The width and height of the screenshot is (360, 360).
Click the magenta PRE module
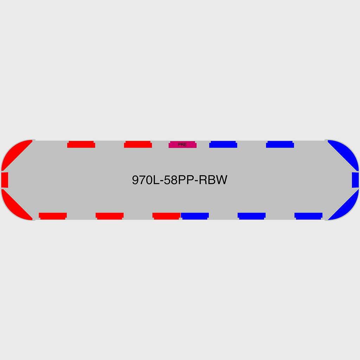(x=182, y=144)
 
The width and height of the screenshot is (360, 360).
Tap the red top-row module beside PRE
(x=138, y=144)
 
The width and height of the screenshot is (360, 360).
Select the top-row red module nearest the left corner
(x=81, y=144)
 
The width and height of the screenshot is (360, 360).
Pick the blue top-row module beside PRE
(x=223, y=144)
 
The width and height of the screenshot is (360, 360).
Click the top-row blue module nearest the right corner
(x=280, y=144)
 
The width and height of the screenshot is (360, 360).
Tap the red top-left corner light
(x=14, y=153)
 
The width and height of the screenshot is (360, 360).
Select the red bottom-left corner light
(x=14, y=207)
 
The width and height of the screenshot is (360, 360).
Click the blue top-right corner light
(x=346, y=153)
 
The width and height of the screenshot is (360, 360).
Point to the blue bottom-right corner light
(x=346, y=207)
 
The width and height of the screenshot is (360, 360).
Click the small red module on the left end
(x=5, y=180)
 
